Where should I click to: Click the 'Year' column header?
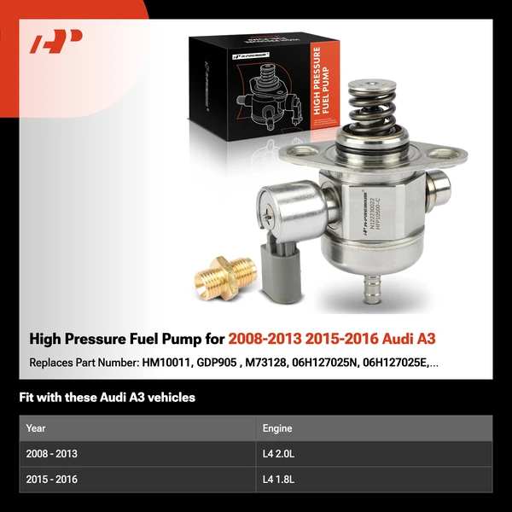click(x=36, y=428)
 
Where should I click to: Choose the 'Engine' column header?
click(x=278, y=428)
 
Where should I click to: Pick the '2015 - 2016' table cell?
click(x=52, y=480)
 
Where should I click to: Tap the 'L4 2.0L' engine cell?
click(x=282, y=454)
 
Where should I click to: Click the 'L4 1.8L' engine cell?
click(x=282, y=480)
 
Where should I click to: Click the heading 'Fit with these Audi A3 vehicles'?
click(x=107, y=398)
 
